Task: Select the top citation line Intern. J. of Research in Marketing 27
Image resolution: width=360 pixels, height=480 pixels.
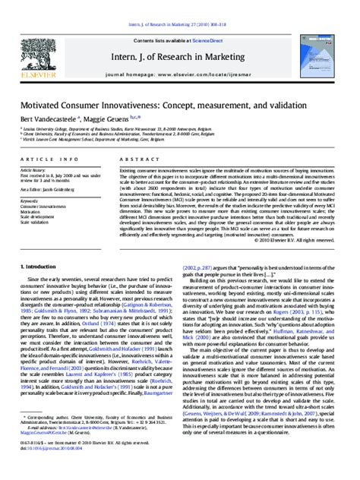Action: coord(180,5)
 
